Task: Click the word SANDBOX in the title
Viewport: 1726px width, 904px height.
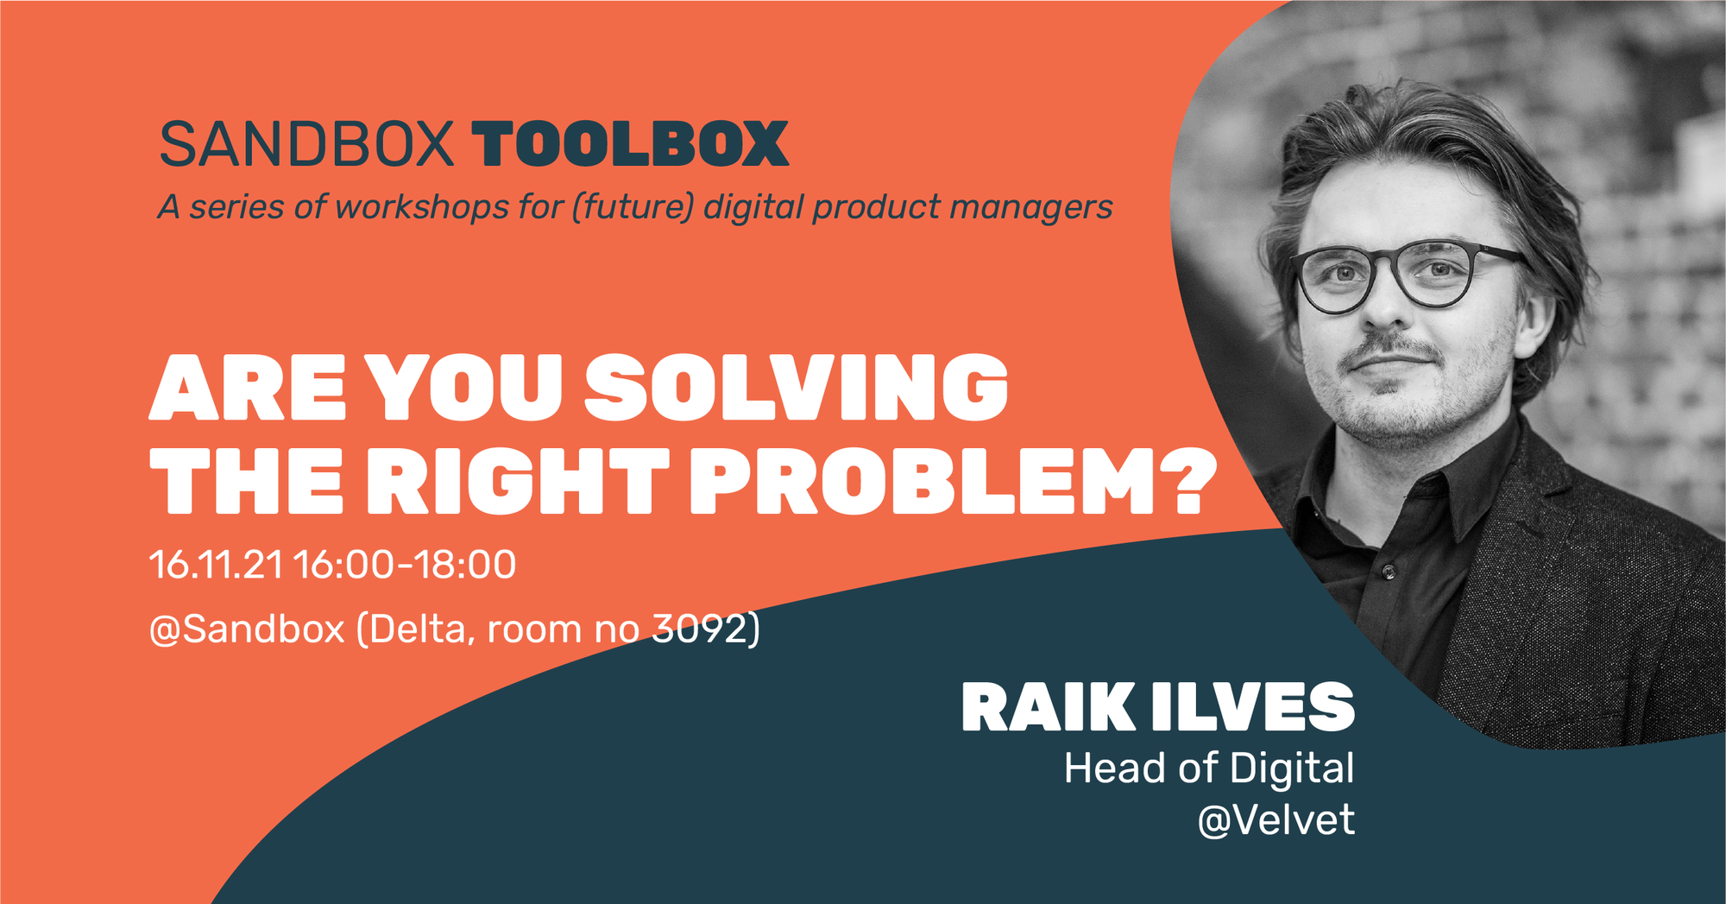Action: (306, 143)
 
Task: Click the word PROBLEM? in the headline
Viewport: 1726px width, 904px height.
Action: (953, 480)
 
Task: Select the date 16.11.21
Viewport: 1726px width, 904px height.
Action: (216, 565)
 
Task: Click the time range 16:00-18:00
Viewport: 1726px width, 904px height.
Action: (405, 565)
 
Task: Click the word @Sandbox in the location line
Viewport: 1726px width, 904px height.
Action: (248, 629)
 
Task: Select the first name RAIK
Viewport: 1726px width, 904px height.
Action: (1049, 707)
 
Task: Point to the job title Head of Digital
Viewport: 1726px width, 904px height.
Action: (1209, 768)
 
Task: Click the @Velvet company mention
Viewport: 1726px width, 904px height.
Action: (1276, 819)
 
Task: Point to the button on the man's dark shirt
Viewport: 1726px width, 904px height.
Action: (1388, 572)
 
